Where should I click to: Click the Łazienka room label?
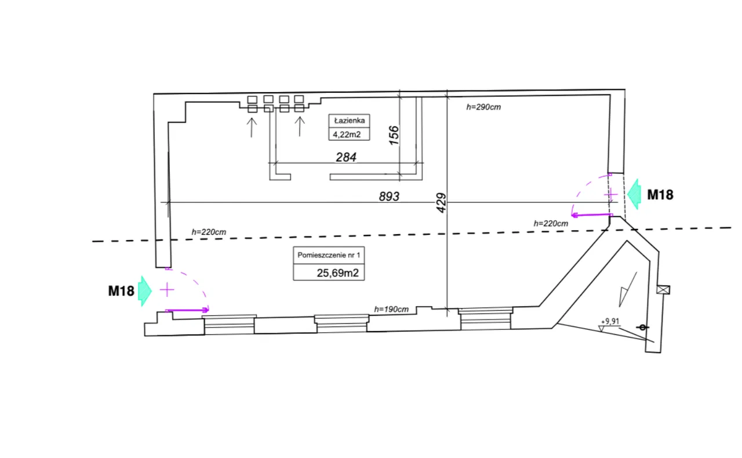(x=350, y=121)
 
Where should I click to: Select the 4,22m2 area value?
(x=347, y=135)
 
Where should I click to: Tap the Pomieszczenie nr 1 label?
(x=329, y=255)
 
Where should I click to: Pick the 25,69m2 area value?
(x=337, y=272)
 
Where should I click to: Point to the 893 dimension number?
(x=389, y=197)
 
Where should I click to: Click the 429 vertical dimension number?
(x=441, y=203)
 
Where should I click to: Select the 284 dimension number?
(x=346, y=157)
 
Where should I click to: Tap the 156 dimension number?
(x=394, y=135)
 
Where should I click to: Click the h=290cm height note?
(x=483, y=107)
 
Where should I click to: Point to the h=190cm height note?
(x=391, y=309)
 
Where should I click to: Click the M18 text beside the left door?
(x=121, y=291)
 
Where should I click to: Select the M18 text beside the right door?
(x=660, y=195)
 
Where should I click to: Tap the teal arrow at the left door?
(x=145, y=291)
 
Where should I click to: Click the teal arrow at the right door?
(x=634, y=195)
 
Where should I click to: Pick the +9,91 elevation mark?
(x=610, y=321)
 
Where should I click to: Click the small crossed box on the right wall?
(x=663, y=290)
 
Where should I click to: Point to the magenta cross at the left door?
(x=167, y=290)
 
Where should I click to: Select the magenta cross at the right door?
(x=611, y=195)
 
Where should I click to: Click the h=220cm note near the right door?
(x=551, y=224)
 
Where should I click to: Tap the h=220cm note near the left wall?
(x=209, y=232)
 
